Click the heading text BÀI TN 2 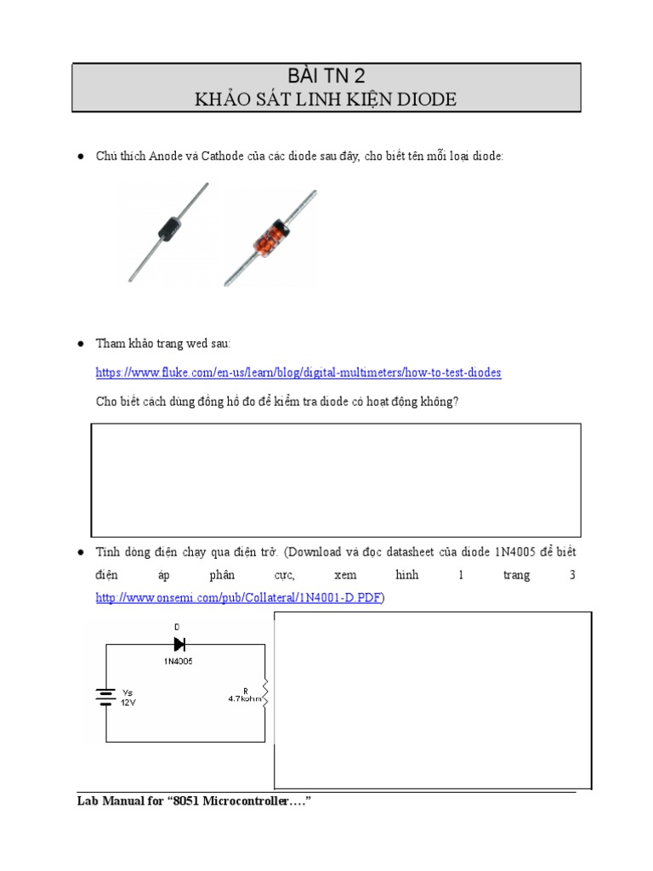(x=326, y=76)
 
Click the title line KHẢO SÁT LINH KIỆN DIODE (x=326, y=100)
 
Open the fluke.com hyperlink (x=298, y=373)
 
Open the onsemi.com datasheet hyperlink (x=239, y=598)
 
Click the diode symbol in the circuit (x=179, y=644)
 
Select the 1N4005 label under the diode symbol (x=179, y=662)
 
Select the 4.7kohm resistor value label (x=245, y=698)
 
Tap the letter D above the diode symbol (x=178, y=627)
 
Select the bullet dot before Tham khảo (x=80, y=344)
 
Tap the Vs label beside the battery (x=128, y=692)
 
